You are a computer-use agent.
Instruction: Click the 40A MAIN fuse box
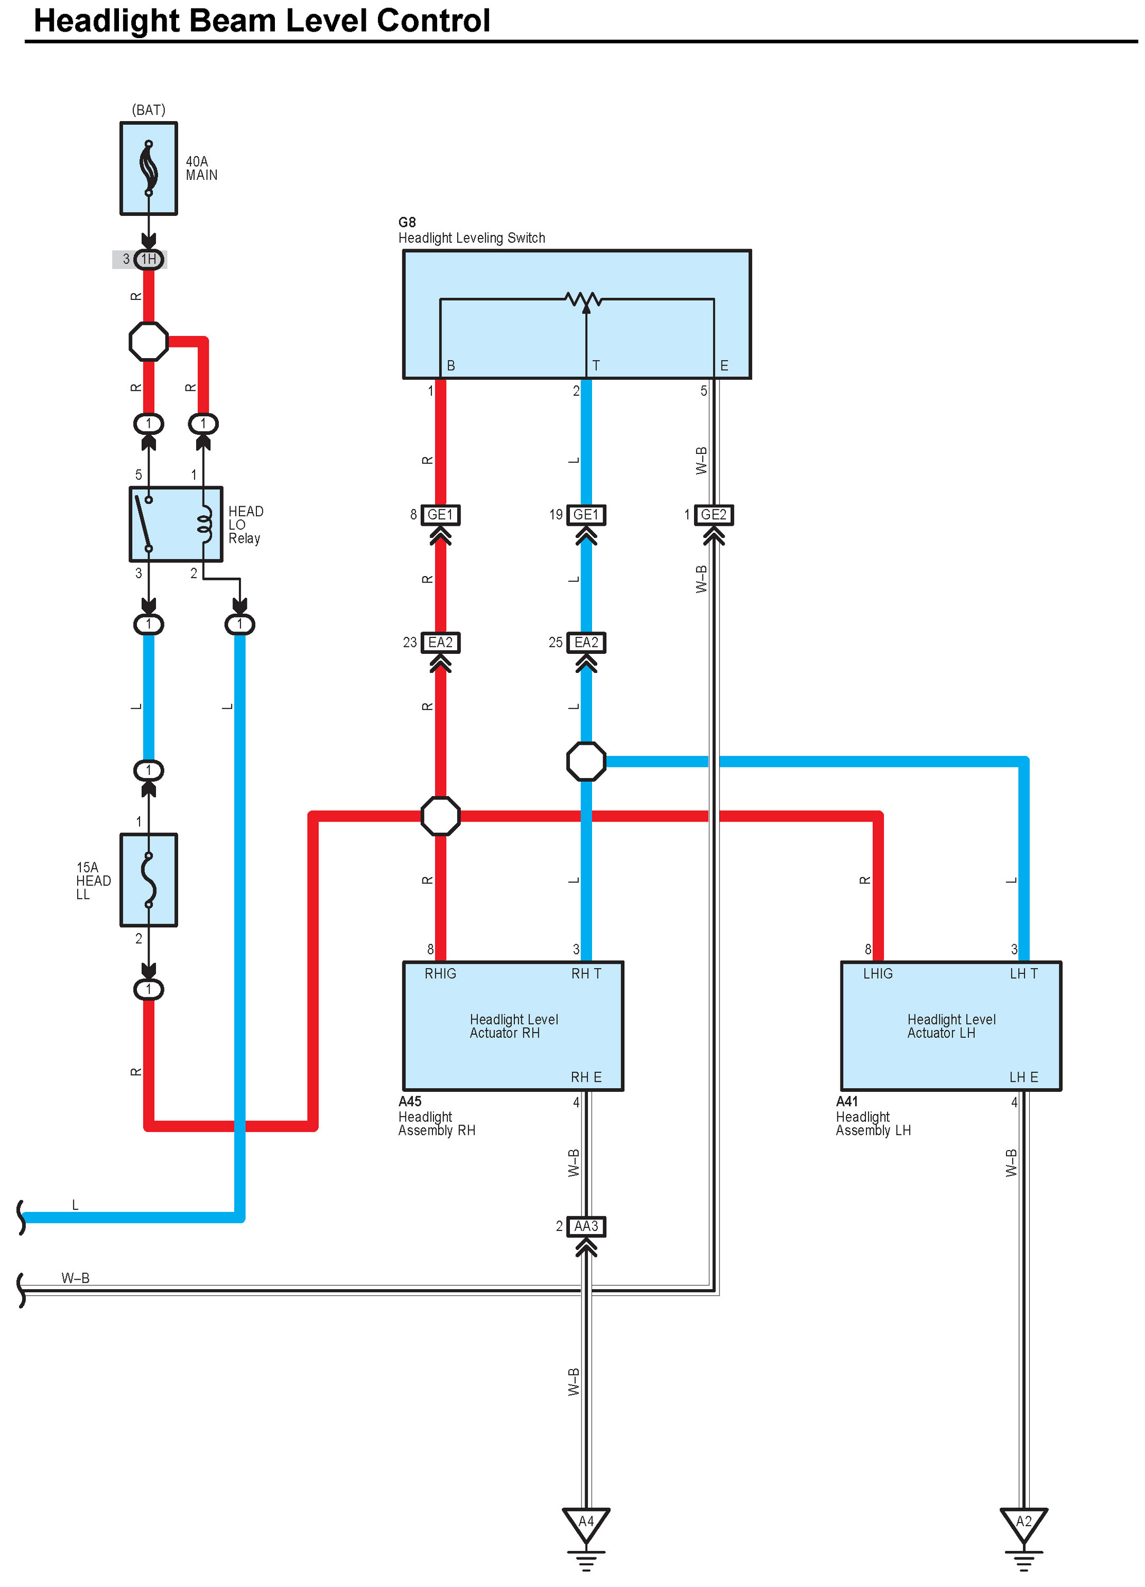point(149,169)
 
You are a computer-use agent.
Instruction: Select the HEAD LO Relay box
point(176,524)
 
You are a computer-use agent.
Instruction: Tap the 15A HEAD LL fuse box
point(149,880)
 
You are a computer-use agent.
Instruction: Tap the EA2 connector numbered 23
point(440,642)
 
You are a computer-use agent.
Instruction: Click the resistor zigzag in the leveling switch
point(584,300)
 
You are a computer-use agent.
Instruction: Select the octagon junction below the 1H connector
point(149,342)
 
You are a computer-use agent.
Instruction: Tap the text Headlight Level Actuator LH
point(951,1026)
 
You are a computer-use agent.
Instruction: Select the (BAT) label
point(149,110)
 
